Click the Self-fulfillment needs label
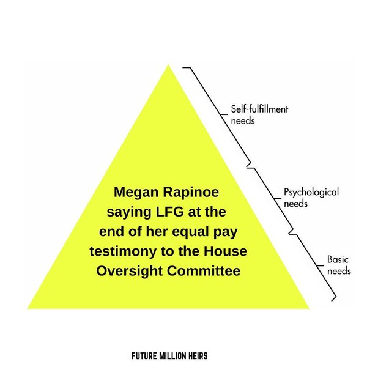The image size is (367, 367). pyautogui.click(x=259, y=114)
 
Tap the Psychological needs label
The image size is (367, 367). pyautogui.click(x=311, y=197)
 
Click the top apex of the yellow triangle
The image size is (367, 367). pyautogui.click(x=168, y=65)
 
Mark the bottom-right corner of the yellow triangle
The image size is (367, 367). pyautogui.click(x=309, y=308)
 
